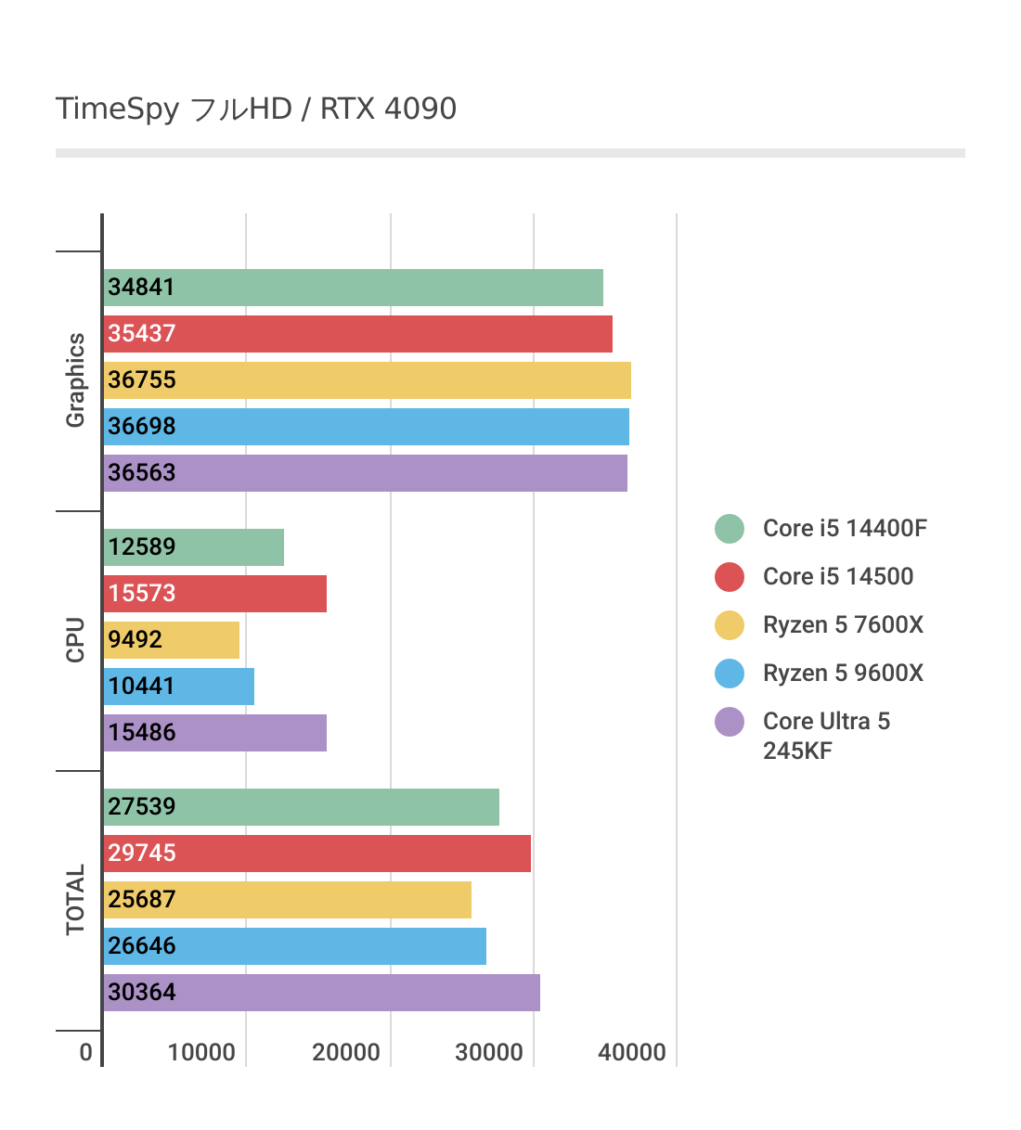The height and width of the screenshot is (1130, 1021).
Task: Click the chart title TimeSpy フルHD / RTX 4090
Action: click(x=256, y=109)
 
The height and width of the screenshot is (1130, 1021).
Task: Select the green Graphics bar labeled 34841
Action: click(x=353, y=288)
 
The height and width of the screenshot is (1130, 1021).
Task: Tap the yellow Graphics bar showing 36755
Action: click(x=367, y=380)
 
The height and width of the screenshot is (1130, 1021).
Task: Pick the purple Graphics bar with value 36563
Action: click(x=365, y=473)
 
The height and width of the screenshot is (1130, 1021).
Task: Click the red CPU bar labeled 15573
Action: click(x=214, y=594)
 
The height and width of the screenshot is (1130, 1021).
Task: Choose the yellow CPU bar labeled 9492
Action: click(x=172, y=640)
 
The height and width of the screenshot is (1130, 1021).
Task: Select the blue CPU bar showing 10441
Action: click(x=179, y=687)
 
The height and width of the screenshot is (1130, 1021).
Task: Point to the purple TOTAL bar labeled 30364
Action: click(x=321, y=993)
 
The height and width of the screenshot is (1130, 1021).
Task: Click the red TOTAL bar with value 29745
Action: click(x=317, y=854)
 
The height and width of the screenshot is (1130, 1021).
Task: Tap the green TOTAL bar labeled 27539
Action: click(x=301, y=807)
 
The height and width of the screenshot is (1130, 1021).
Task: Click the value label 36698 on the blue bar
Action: click(x=142, y=427)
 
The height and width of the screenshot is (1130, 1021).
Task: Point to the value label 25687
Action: click(x=142, y=900)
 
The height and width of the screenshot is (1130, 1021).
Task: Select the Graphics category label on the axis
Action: click(x=75, y=380)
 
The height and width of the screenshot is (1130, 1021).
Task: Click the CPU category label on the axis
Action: click(x=75, y=640)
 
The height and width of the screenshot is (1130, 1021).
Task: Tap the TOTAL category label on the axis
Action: click(x=75, y=900)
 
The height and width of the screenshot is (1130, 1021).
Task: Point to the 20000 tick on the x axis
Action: click(x=346, y=1052)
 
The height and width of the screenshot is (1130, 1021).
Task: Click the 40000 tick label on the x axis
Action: click(x=632, y=1052)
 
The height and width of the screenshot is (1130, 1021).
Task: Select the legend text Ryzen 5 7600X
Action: click(x=843, y=624)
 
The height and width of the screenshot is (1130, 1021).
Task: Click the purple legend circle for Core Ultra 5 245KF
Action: click(x=730, y=722)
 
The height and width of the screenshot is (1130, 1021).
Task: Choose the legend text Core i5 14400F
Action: click(x=845, y=528)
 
